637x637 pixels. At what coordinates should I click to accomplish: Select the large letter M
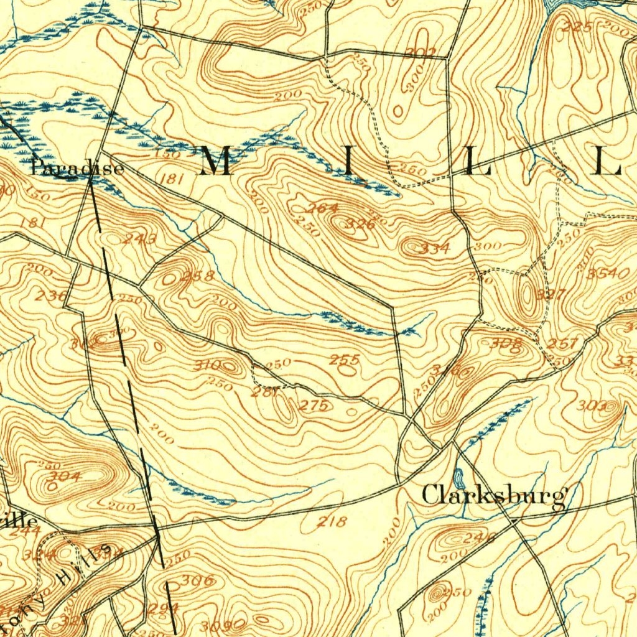click(x=216, y=162)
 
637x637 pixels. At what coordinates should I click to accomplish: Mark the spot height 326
click(x=360, y=224)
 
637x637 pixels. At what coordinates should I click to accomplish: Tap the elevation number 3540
click(x=608, y=274)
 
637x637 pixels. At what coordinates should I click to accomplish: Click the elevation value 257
click(x=563, y=344)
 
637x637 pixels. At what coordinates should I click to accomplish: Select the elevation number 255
click(x=345, y=360)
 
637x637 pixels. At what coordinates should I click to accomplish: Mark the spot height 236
click(x=50, y=295)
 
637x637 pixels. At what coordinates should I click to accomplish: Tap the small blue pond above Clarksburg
click(x=459, y=478)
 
